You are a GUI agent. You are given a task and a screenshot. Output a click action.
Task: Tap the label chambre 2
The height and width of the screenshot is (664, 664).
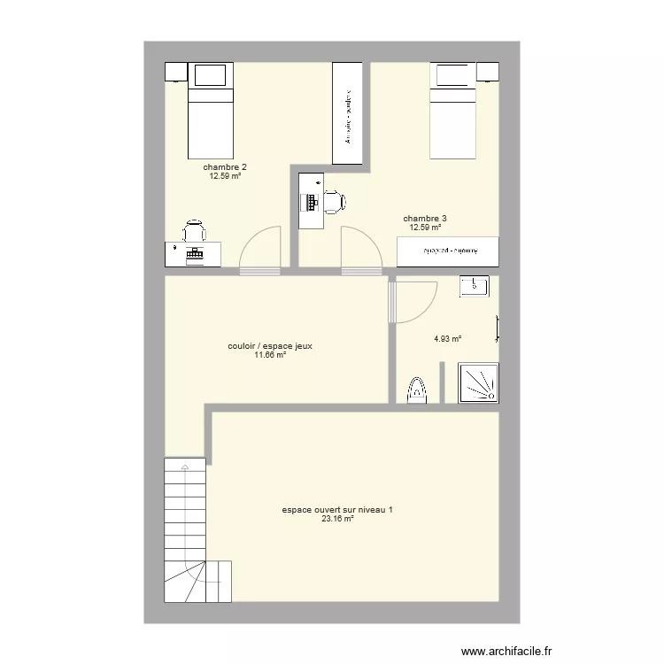[225, 167]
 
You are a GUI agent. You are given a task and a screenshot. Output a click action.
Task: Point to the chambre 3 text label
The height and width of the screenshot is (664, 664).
[425, 219]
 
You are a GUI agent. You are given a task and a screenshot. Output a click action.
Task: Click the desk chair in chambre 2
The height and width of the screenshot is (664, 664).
[194, 231]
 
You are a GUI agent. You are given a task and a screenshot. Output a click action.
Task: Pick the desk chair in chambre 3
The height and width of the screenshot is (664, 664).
[333, 201]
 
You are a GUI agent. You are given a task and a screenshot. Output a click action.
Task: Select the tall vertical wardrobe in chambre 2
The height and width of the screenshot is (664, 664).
[348, 113]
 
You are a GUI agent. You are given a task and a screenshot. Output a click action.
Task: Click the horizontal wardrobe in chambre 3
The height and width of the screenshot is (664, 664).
[448, 251]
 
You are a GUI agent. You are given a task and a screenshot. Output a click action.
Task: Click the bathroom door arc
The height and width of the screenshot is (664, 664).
[416, 301]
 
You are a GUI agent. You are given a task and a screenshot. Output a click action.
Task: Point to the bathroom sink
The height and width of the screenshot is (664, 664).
[475, 285]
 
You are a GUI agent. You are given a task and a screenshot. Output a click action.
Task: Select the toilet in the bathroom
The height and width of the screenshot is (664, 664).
[415, 391]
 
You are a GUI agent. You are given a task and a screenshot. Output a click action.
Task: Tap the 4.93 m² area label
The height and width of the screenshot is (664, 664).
[447, 338]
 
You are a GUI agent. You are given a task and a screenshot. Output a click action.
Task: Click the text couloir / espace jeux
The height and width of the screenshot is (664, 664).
[270, 346]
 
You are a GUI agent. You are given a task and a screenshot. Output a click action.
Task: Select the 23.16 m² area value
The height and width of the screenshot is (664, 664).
[337, 519]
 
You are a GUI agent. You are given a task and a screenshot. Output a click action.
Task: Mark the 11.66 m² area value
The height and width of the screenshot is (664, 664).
[270, 355]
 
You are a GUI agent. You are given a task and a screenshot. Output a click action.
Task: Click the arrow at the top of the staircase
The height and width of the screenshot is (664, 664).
[184, 466]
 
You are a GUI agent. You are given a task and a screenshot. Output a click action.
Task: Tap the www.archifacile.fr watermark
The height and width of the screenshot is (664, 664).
[506, 650]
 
